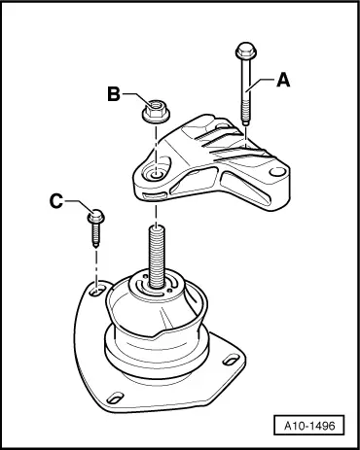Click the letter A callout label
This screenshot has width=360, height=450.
pyautogui.click(x=283, y=80)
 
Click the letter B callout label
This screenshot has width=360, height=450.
pyautogui.click(x=114, y=94)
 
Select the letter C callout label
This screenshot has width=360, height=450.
pyautogui.click(x=56, y=201)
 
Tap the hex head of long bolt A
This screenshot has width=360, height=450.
pyautogui.click(x=246, y=51)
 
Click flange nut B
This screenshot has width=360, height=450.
pyautogui.click(x=156, y=111)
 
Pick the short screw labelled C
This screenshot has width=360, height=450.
pyautogui.click(x=96, y=227)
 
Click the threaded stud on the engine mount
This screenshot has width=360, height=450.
pyautogui.click(x=157, y=257)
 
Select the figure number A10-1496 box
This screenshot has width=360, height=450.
pyautogui.click(x=309, y=425)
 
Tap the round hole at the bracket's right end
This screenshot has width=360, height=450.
pyautogui.click(x=276, y=172)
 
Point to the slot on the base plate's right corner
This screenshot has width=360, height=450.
pyautogui.click(x=232, y=360)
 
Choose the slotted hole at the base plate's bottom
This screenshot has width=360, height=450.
pyautogui.click(x=115, y=398)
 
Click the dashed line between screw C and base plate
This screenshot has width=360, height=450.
pyautogui.click(x=96, y=265)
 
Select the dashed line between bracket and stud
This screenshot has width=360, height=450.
pyautogui.click(x=157, y=215)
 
